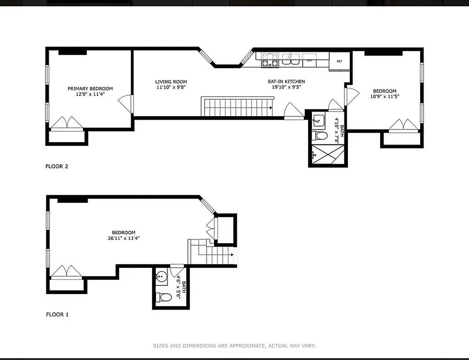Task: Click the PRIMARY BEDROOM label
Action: click(90, 89)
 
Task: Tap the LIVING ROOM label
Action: click(171, 82)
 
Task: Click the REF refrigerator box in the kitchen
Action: click(339, 61)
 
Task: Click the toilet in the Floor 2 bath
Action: click(321, 135)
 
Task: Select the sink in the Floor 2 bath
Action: click(319, 120)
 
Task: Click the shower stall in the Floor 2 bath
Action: click(327, 155)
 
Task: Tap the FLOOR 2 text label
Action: click(57, 166)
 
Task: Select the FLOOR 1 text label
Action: click(57, 315)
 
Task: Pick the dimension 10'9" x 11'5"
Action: click(384, 96)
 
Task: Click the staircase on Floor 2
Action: click(237, 108)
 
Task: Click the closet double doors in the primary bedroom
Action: click(67, 123)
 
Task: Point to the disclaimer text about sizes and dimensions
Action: click(234, 346)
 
